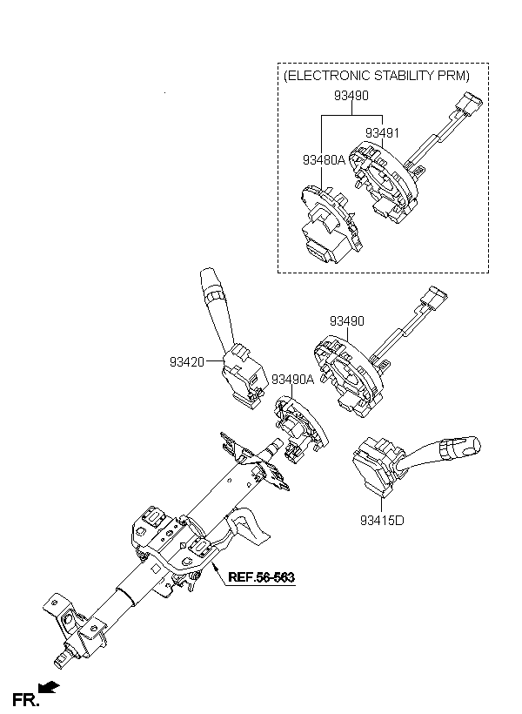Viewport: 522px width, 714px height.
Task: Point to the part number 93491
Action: [x=382, y=133]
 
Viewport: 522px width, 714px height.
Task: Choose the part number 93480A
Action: [x=324, y=160]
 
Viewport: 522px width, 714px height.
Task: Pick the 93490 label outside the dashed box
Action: [x=346, y=321]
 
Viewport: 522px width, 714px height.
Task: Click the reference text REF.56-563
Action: [x=261, y=576]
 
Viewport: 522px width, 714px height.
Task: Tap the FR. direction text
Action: [x=25, y=699]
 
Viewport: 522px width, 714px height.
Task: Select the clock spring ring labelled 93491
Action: [x=382, y=183]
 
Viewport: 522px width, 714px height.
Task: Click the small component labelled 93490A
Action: [x=296, y=426]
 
